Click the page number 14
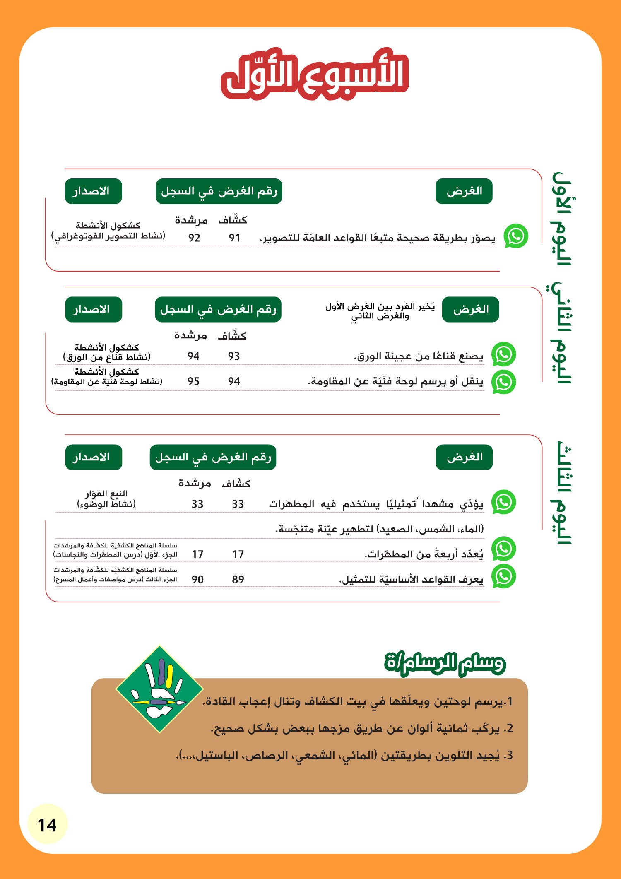click(47, 825)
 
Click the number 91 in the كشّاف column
click(234, 238)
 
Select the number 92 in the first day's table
click(194, 238)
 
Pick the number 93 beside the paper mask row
click(234, 356)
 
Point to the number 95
click(193, 381)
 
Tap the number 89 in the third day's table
click(238, 580)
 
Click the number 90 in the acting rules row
click(197, 580)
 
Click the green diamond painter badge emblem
click(159, 689)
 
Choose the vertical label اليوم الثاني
click(562, 333)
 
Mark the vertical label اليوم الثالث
click(562, 493)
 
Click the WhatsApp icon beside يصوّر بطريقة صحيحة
click(516, 236)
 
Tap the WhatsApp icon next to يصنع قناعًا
click(503, 354)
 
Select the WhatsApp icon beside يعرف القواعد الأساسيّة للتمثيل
click(503, 576)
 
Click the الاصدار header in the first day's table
click(93, 191)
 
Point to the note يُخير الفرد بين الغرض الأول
click(380, 311)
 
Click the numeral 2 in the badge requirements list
click(510, 728)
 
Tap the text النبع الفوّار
click(106, 494)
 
